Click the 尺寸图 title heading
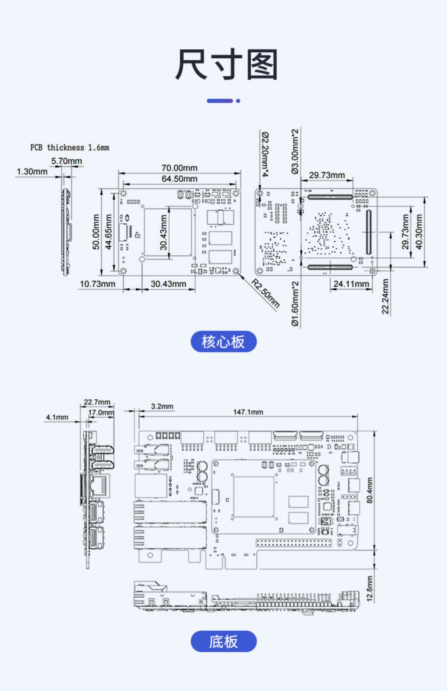point(226,65)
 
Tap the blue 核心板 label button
point(223,341)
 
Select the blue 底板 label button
point(223,641)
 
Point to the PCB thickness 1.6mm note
point(70,148)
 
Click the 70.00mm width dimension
point(179,168)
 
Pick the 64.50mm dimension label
point(179,179)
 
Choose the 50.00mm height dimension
point(96,232)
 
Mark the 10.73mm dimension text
point(97,284)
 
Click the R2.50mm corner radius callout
point(266,293)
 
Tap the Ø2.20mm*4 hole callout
point(265,154)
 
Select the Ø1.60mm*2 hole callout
point(295,304)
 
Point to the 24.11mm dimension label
point(351,284)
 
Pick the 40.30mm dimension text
point(419,232)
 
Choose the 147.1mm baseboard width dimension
point(248,412)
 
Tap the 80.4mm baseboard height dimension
point(370,490)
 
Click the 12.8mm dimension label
point(370,589)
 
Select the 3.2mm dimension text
point(162,407)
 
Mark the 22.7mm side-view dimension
point(97,402)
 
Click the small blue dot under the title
point(238,101)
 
